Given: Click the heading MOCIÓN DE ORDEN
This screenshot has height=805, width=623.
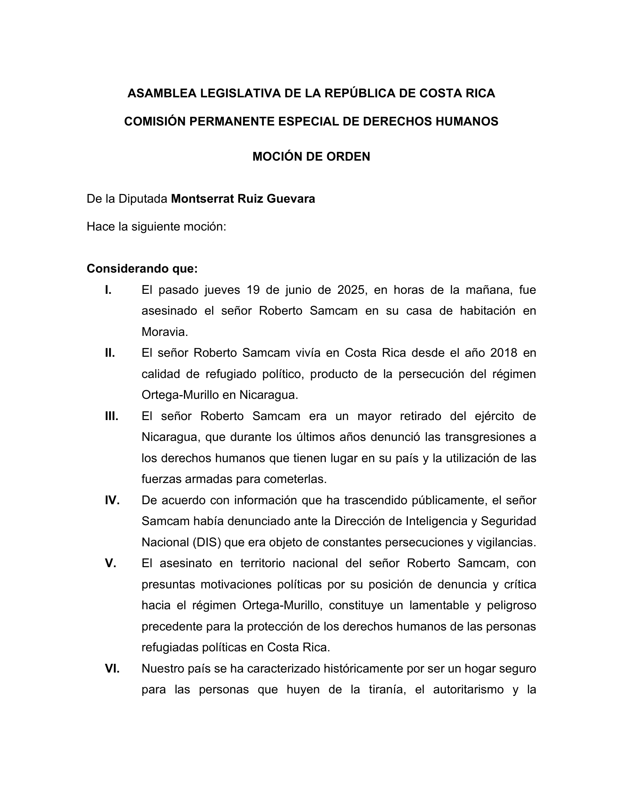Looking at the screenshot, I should click(311, 157).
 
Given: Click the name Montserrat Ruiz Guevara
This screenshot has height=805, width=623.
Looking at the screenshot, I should click(243, 199).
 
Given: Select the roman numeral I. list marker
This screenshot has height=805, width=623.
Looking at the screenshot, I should click(108, 290).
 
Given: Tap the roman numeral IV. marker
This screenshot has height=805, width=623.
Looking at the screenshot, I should click(112, 500).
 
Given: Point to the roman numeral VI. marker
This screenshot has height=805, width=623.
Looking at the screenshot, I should click(112, 668).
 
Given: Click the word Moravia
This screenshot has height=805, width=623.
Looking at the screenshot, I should click(165, 332).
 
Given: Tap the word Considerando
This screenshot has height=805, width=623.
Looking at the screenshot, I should click(128, 269).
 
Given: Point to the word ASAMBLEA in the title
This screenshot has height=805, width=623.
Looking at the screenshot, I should click(162, 93).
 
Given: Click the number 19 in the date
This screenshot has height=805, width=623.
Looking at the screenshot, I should click(253, 290).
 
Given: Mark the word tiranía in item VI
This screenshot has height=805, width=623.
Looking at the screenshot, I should click(387, 689).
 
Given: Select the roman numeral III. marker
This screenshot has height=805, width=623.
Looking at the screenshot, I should click(111, 416).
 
